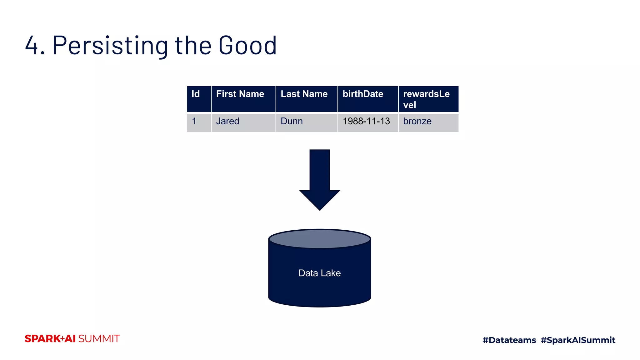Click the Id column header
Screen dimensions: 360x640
tap(196, 94)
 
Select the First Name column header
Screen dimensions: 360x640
tap(240, 94)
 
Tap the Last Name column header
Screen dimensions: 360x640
tap(304, 94)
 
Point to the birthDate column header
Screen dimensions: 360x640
tap(363, 94)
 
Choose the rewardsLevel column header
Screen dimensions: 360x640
tap(426, 99)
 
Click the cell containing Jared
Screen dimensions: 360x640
tap(228, 121)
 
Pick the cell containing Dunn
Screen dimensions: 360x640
tap(292, 121)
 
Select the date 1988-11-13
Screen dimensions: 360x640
tap(366, 121)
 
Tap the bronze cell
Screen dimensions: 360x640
tap(417, 121)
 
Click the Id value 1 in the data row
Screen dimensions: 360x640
tap(194, 121)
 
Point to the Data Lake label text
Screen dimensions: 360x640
tap(319, 273)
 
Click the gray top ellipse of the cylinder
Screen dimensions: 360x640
tap(319, 239)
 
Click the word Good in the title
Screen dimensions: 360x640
tap(247, 46)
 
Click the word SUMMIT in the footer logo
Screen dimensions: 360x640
tap(99, 339)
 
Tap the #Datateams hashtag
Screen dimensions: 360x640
tap(509, 340)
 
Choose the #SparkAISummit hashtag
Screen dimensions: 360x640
tap(578, 340)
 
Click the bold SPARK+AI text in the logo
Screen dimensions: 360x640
tap(50, 339)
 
